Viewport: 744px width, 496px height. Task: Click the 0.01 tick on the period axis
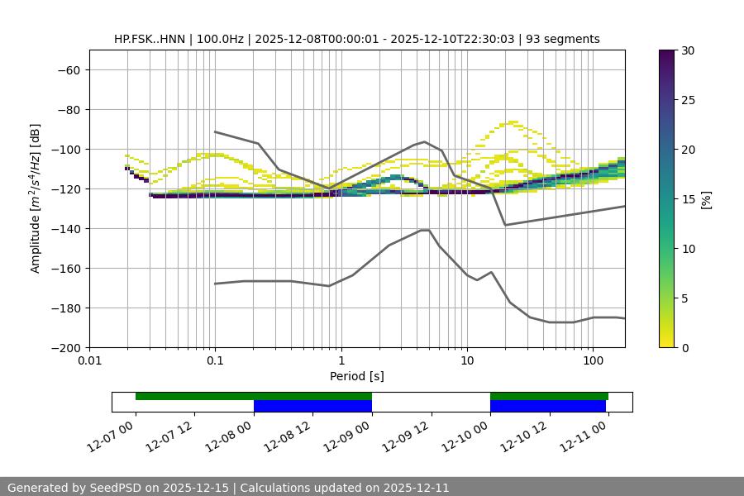[89, 361]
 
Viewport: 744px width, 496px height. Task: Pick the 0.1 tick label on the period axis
[215, 361]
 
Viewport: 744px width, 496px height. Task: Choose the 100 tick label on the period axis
[593, 361]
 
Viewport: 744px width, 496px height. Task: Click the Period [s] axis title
[356, 376]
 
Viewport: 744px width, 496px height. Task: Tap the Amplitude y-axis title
[36, 198]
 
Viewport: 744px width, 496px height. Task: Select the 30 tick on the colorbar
[687, 50]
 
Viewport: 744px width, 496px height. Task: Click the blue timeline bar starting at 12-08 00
[312, 406]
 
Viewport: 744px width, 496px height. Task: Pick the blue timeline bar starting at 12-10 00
[548, 406]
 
